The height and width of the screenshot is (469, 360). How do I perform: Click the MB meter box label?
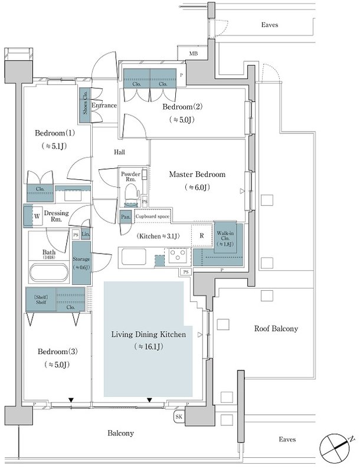coord(192,54)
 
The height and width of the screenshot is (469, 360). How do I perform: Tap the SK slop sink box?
coord(179,417)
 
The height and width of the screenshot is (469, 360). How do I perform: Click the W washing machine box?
coord(36,216)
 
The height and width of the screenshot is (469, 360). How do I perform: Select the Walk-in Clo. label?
coord(224,237)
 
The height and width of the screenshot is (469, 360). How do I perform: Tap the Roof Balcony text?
coord(276,329)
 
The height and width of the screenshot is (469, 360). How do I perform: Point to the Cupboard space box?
coord(153,217)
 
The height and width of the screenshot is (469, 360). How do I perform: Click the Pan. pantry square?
coord(125,217)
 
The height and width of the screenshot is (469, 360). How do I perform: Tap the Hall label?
coord(120,152)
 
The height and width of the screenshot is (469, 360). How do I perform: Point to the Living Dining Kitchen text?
coord(148,334)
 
